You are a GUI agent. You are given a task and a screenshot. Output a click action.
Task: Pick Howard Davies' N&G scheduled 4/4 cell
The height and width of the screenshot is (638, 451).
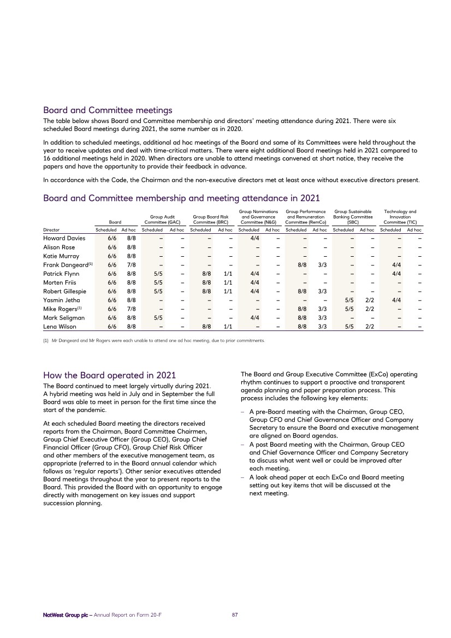click(x=254, y=238)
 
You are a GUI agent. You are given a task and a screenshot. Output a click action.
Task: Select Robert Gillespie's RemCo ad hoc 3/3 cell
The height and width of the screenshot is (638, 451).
click(x=322, y=291)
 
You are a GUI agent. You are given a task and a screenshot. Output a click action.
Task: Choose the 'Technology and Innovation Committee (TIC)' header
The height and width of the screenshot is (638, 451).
click(x=400, y=216)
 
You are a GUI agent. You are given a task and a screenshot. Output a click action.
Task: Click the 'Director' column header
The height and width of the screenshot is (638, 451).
click(x=52, y=231)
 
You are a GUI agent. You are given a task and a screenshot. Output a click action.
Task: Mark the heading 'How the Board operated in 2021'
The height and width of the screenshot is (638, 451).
click(x=109, y=375)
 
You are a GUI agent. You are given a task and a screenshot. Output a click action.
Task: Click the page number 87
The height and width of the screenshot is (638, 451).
click(x=235, y=615)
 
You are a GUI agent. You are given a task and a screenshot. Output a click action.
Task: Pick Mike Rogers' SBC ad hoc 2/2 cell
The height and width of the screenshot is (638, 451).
click(x=369, y=309)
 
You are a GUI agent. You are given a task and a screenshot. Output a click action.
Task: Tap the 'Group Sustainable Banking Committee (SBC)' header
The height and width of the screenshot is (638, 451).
click(x=353, y=216)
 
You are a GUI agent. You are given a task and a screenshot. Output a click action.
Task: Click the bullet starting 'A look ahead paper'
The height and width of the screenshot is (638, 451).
click(x=326, y=485)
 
